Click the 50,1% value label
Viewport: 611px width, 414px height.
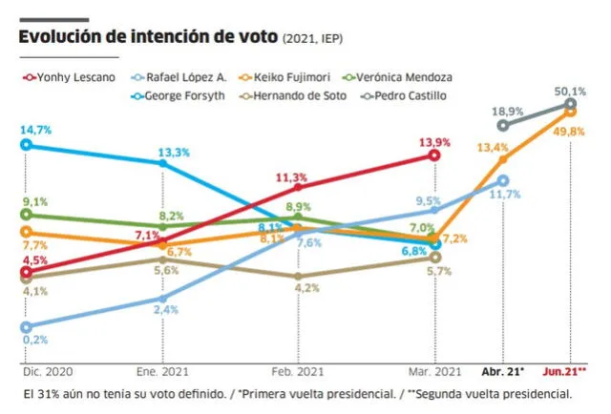click(x=570, y=90)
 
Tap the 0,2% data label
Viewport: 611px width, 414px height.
click(x=35, y=339)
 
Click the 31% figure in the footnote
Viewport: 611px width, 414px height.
click(x=50, y=393)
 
